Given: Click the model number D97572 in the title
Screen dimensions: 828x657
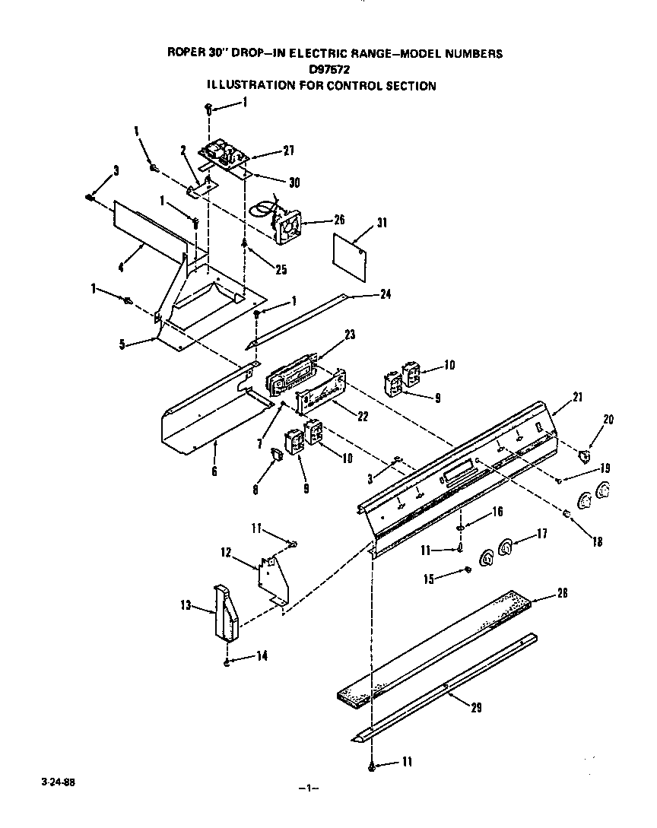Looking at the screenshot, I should (x=329, y=69).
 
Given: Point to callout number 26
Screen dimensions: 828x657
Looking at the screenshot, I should (x=338, y=220).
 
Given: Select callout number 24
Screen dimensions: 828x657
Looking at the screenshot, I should (x=386, y=294).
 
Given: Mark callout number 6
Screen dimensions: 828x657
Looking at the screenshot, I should (x=214, y=471).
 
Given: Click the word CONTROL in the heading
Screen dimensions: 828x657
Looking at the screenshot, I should (x=353, y=86).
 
